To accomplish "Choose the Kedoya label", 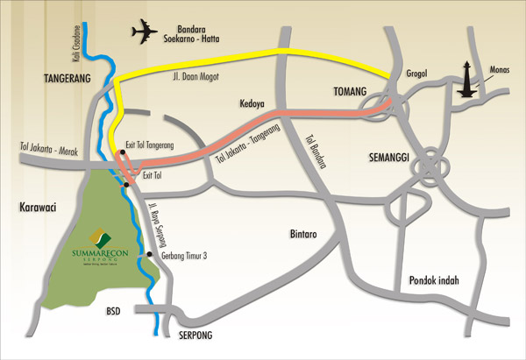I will pos(253,102).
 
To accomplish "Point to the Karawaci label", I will pos(37,209).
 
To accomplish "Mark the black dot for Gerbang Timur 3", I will pos(150,255).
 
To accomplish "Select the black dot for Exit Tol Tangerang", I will pos(124,152).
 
